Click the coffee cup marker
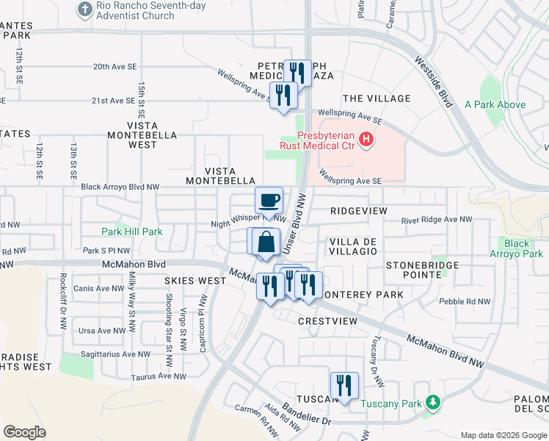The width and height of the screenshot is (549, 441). [x=269, y=199]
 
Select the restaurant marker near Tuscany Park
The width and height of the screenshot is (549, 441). [x=343, y=384]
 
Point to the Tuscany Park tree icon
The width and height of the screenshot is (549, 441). [x=434, y=403]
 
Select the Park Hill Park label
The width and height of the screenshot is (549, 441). [x=132, y=232]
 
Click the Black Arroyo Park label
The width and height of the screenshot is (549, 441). [x=523, y=248]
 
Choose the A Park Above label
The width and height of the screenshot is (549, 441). [x=495, y=104]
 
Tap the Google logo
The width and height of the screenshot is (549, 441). [x=24, y=431]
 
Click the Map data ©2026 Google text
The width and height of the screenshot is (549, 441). [x=503, y=434]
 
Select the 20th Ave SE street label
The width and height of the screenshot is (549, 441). [x=114, y=66]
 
